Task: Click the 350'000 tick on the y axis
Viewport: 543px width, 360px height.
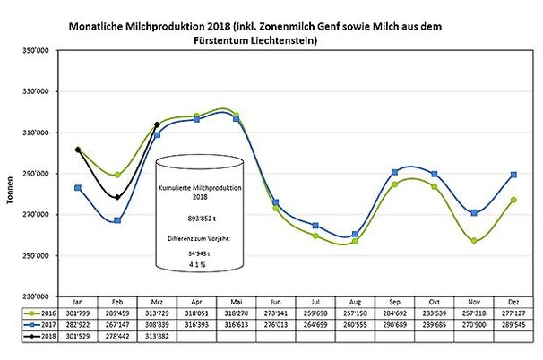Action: pos(42,51)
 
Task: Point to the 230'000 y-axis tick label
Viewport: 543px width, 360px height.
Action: pos(42,296)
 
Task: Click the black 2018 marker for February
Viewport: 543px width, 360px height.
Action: pos(117,197)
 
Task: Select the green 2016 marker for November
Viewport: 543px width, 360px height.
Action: pos(471,240)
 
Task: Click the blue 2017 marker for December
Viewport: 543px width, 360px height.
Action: pos(511,174)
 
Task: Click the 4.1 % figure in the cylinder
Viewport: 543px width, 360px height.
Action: pos(197,265)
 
